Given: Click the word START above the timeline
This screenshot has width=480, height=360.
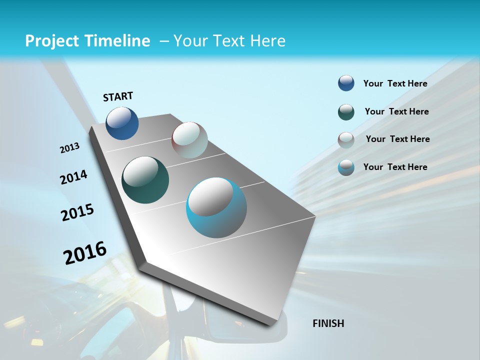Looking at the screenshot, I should (118, 96).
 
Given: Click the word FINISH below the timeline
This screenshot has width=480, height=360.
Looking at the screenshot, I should (328, 323).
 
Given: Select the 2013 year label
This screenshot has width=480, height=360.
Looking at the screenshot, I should (69, 148).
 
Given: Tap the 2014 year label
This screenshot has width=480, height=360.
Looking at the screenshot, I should (73, 177).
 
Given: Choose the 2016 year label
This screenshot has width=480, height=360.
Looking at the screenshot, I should (85, 252).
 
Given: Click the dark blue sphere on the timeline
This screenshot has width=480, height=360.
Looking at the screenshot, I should (122, 123).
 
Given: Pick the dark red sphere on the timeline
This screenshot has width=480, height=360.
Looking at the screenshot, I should (189, 140).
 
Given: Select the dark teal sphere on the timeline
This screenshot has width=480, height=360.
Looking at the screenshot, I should (145, 180).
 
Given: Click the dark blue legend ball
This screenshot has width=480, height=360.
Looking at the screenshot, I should (346, 83).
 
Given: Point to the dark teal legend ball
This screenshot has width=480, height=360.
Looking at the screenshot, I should (346, 112).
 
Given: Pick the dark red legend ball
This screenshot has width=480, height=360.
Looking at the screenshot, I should (346, 140).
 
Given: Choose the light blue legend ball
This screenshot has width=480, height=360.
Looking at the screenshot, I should (346, 167).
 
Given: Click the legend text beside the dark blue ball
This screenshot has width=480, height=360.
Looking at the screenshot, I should (395, 83).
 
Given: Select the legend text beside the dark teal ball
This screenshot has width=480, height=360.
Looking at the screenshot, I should (396, 111).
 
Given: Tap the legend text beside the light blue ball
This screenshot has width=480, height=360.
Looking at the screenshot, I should (395, 167).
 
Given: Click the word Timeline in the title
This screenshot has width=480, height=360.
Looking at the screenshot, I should (119, 41).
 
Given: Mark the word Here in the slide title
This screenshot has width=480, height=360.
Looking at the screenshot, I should (267, 41).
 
